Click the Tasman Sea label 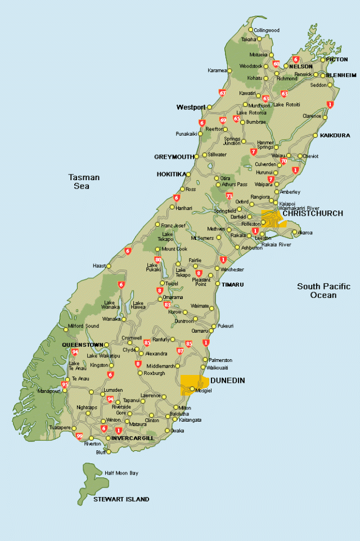84,181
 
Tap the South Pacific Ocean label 323,290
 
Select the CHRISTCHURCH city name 312,214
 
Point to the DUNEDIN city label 228,381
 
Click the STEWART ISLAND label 121,499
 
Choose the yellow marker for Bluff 109,451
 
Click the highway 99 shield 79,436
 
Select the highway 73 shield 229,196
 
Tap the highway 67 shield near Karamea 223,93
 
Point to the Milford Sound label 84,326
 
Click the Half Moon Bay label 121,473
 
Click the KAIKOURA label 335,135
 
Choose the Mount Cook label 174,248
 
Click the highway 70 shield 283,161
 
